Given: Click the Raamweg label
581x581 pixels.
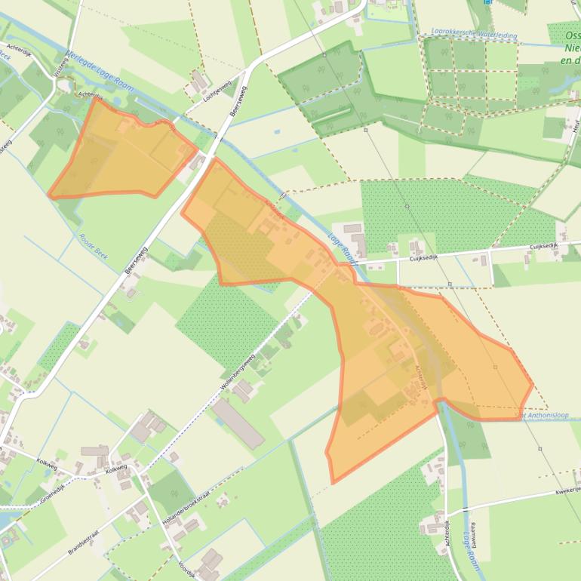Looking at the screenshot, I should click(x=474, y=534).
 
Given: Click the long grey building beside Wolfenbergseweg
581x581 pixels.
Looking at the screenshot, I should click(x=238, y=423).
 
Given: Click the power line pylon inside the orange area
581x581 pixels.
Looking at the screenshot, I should click(x=496, y=367).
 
